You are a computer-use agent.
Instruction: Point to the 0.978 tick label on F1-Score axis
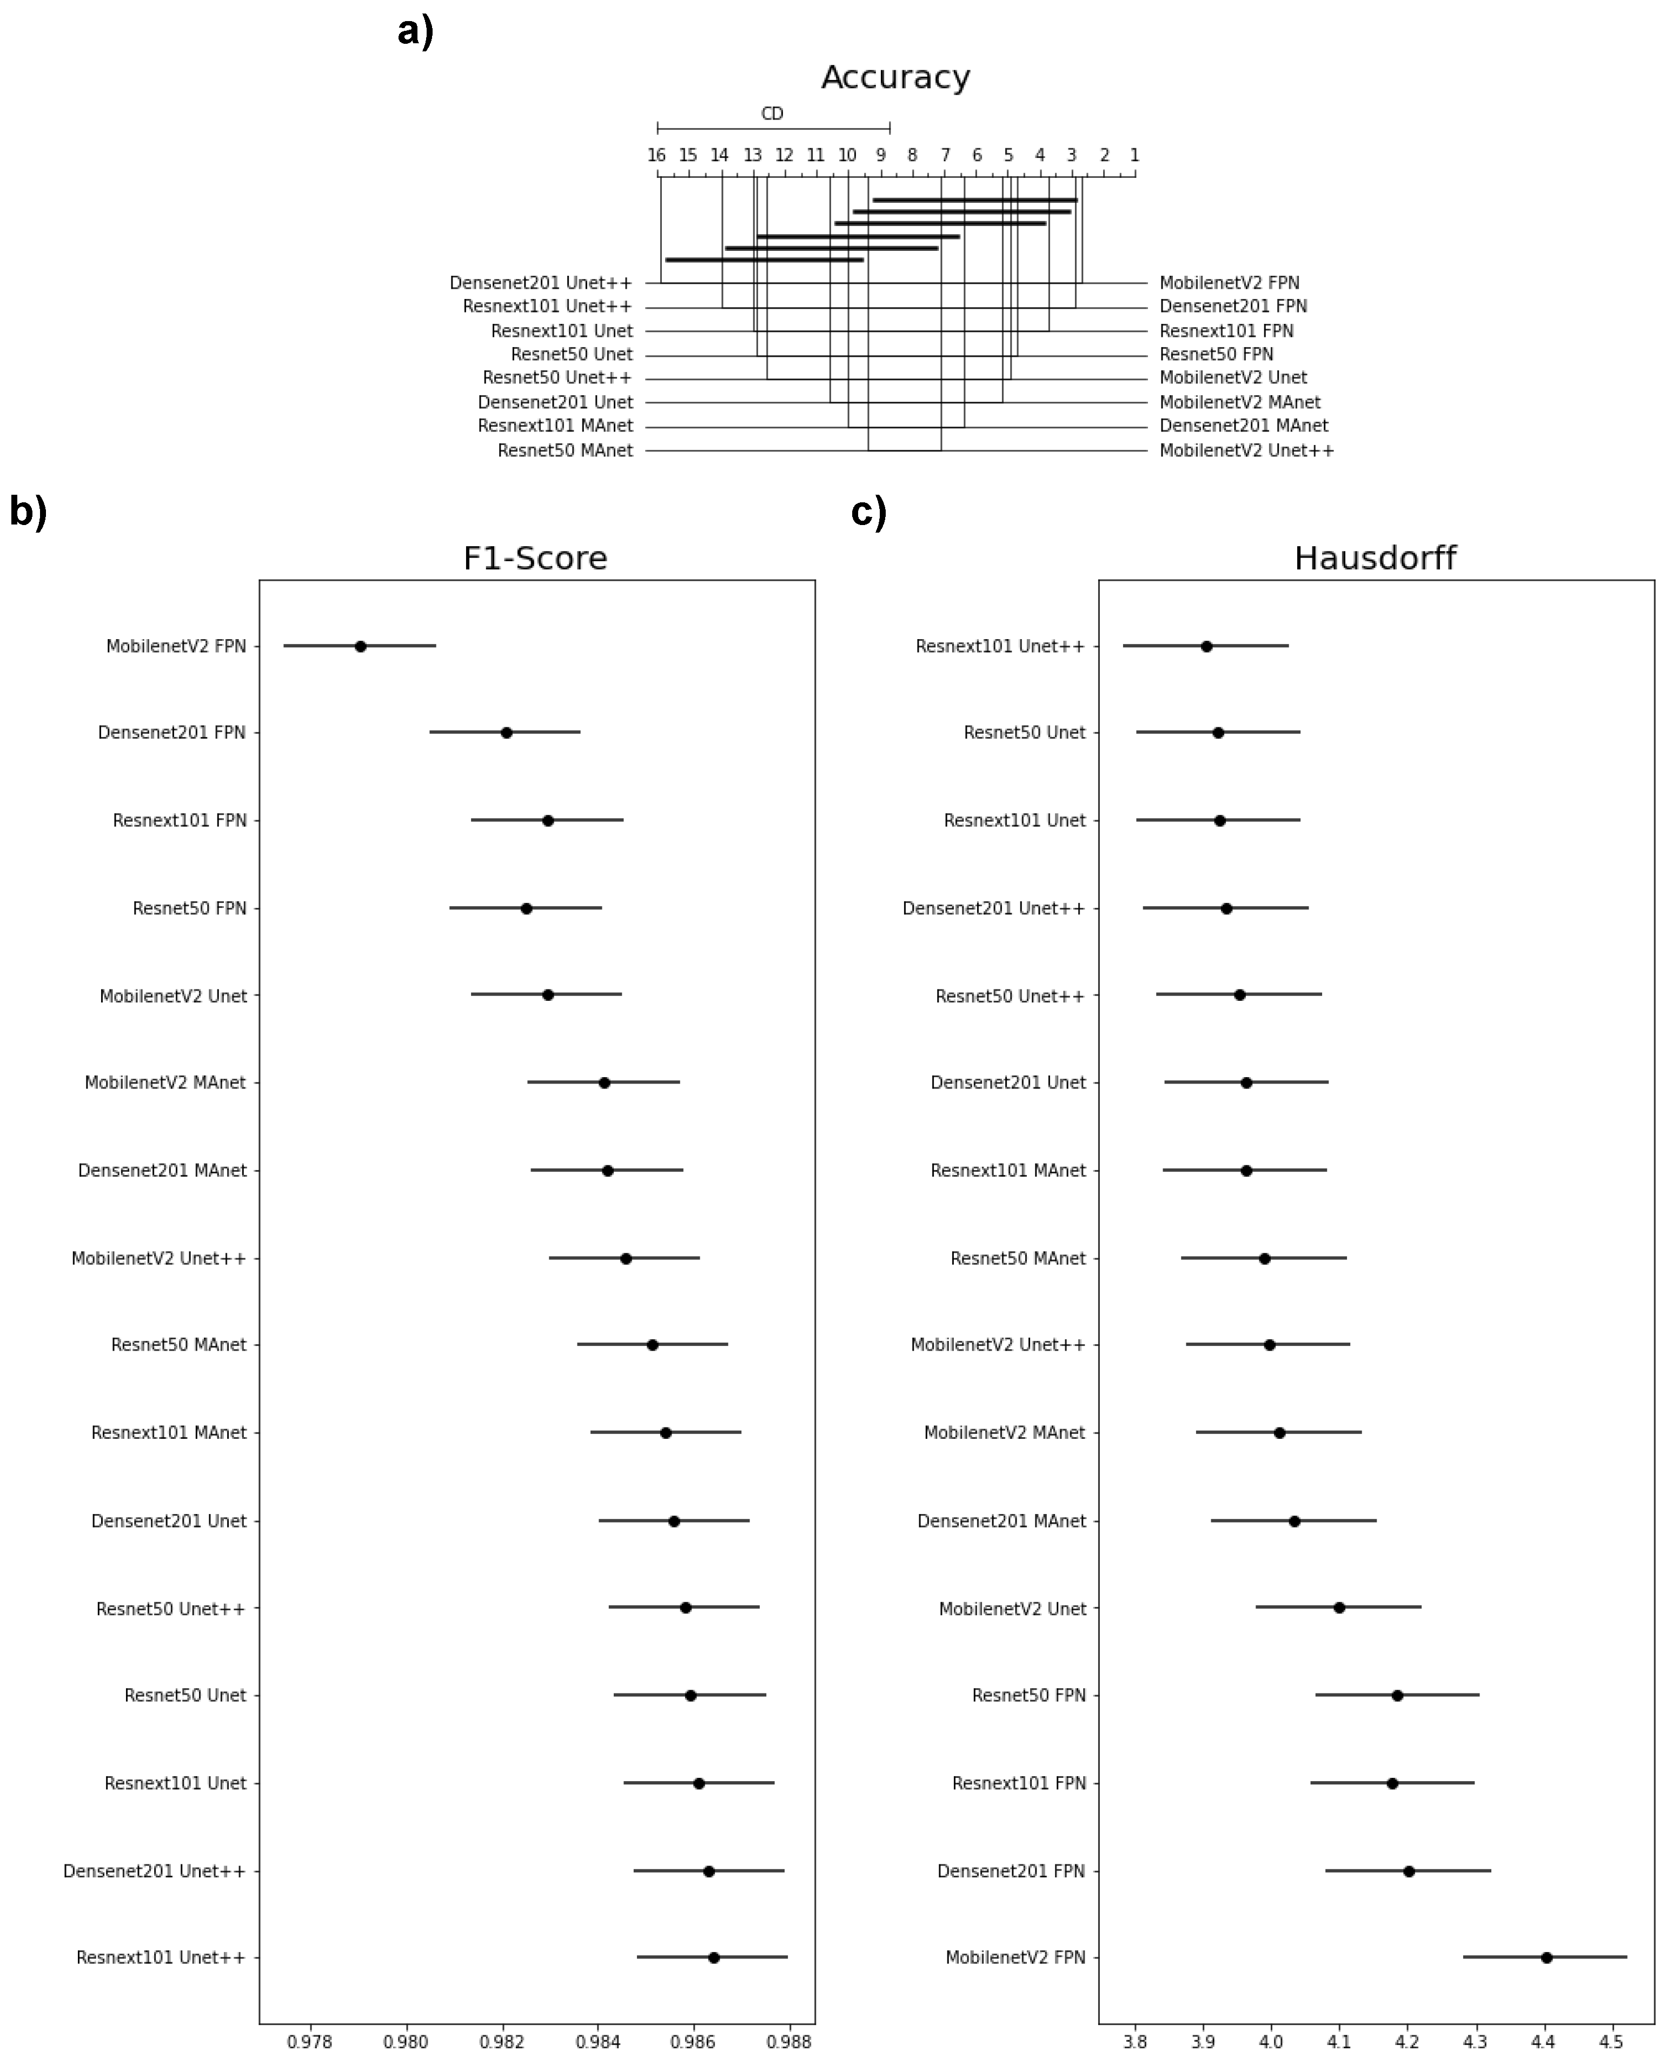(309, 2041)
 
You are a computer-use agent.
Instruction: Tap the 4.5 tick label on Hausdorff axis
(1612, 2041)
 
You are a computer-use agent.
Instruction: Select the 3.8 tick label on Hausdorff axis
(1136, 2041)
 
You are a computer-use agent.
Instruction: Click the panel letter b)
(28, 512)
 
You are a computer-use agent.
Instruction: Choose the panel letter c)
(868, 512)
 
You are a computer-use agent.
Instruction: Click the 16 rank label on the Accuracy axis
(656, 155)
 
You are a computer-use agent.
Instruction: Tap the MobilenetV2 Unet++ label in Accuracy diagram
(1246, 450)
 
